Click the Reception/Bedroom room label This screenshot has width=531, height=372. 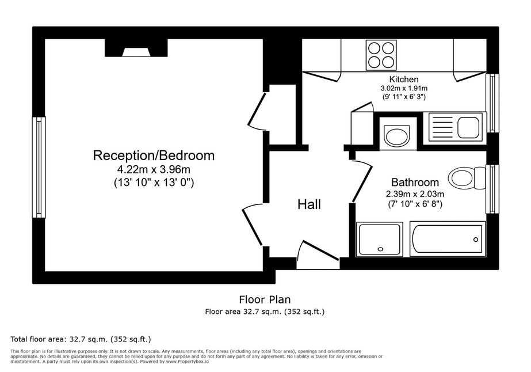point(154,155)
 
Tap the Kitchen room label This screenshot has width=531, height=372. point(404,79)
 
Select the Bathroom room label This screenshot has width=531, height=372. point(415,183)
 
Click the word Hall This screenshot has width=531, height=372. point(309,204)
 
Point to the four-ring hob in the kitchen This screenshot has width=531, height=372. point(381,55)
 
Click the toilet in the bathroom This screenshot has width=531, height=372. point(467,178)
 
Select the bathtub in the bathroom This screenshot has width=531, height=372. point(448,239)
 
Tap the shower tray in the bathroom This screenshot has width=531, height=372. point(379,239)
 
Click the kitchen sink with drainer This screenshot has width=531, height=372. point(454,127)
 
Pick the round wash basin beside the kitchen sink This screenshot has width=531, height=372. point(397,134)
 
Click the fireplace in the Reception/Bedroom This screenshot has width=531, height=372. point(136,48)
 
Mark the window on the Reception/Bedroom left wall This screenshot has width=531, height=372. point(39,167)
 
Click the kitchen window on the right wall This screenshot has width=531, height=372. point(492,103)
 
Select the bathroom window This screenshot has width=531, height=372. point(492,189)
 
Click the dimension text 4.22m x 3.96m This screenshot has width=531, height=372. point(154,169)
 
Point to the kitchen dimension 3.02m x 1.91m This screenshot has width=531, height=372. point(404,89)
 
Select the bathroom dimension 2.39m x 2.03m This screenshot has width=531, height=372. point(415,194)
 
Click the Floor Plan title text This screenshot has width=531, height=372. point(265,300)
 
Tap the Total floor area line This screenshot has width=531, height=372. point(81,339)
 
